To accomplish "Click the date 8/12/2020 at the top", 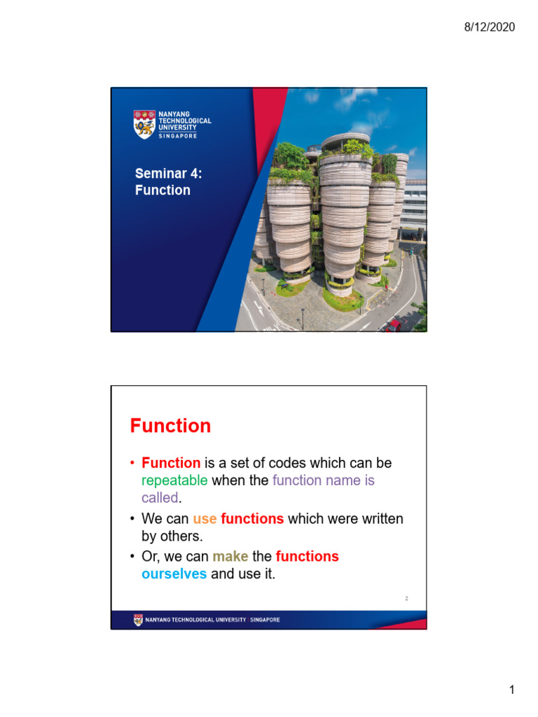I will (489, 27).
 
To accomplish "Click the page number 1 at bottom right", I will (511, 691).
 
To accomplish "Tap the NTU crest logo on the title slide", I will (144, 124).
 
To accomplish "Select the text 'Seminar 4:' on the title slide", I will (168, 173).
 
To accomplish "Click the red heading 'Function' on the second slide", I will (170, 426).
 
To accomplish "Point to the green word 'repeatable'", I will (174, 480).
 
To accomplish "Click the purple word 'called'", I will (160, 498).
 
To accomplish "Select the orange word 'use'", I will (205, 519).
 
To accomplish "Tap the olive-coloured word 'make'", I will (230, 557).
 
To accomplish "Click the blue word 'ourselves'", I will (174, 574).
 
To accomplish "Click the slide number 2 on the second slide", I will (406, 599).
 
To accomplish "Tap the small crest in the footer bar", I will (137, 620).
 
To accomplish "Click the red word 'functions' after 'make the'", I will (307, 557).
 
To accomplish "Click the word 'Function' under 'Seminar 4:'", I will (163, 190).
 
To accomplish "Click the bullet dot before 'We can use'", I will (133, 520).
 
